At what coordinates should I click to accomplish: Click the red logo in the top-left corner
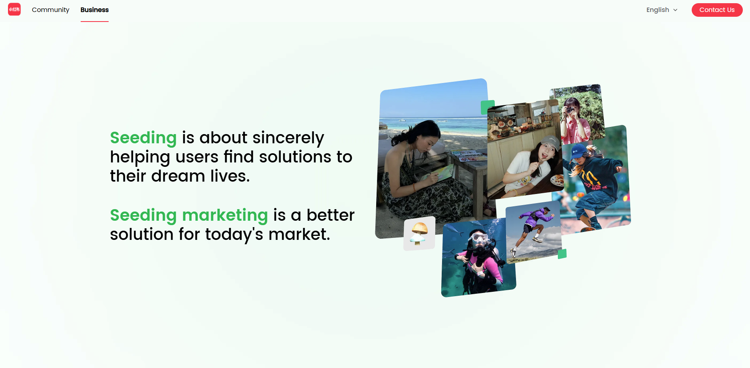point(14,10)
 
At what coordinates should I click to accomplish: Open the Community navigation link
point(50,10)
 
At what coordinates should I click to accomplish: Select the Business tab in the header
point(95,10)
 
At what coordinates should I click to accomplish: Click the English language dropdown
point(662,10)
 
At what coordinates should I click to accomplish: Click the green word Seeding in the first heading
point(143,138)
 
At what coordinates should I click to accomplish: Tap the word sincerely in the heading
point(288,138)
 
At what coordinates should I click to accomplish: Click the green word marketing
point(225,215)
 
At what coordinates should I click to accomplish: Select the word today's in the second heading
point(234,234)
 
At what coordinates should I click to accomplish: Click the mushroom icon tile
point(419,233)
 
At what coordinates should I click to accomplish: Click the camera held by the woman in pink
point(569,110)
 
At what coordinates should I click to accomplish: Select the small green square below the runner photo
point(562,254)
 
